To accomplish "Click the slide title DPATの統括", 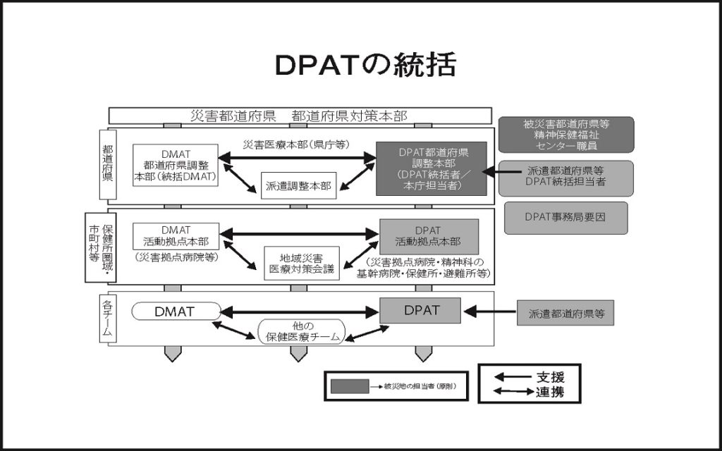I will [x=365, y=65].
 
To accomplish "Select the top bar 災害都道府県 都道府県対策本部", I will [x=300, y=116].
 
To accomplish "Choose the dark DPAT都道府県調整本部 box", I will [x=431, y=168].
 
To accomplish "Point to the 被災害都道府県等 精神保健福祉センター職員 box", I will [x=565, y=135].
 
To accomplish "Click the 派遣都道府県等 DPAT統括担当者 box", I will [x=565, y=175].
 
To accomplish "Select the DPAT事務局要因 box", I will [x=565, y=218].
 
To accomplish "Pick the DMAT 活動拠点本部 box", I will [x=176, y=235].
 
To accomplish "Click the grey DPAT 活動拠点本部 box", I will [x=429, y=236].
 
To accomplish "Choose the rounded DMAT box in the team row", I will [x=176, y=311].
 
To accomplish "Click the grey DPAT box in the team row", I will [x=421, y=310].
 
